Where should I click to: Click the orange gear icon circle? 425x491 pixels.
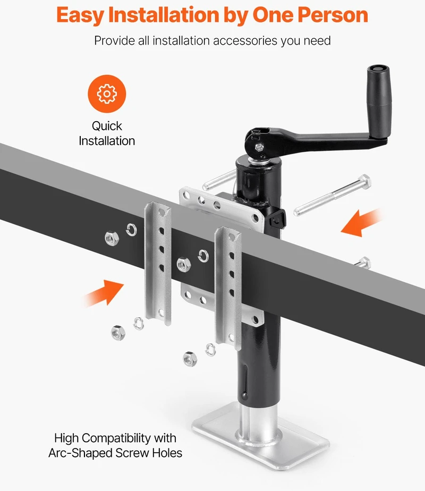pos(107,94)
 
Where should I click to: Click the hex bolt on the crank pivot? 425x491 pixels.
pos(259,147)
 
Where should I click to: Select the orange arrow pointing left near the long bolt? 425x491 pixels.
pos(361,222)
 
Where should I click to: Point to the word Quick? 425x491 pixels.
pos(107,126)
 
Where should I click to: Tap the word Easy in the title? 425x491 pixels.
pos(80,15)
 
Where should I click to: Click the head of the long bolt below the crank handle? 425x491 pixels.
pos(364,182)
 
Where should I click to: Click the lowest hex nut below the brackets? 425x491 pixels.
pos(190,359)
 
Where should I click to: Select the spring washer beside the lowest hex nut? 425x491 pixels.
pos(210,350)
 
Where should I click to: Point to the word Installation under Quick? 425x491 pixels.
pos(107,141)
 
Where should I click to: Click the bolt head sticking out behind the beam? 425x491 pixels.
pos(364,263)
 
